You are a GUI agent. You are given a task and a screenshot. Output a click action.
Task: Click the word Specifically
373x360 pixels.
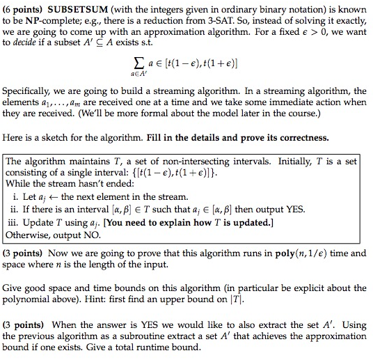[x=26, y=91]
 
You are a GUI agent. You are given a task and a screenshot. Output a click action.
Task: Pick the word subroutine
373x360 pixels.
[x=154, y=335]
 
